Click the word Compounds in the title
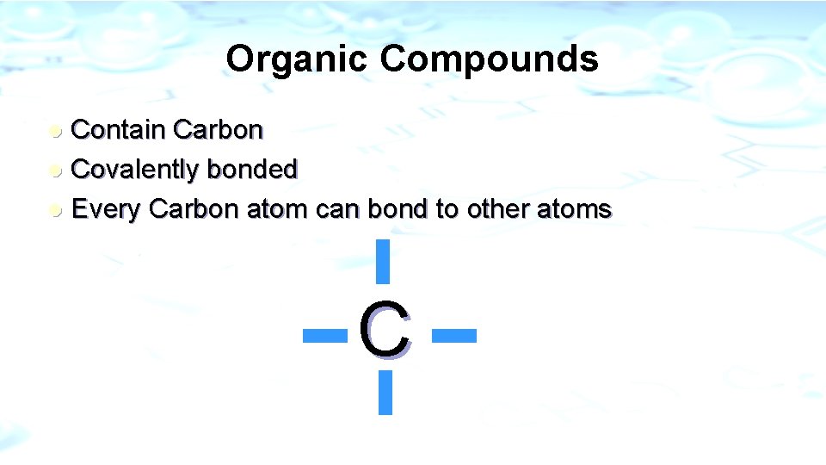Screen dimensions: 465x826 tap(489, 59)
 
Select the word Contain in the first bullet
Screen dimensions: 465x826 tap(118, 130)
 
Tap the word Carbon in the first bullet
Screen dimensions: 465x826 tap(218, 130)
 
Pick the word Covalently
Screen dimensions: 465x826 tap(135, 170)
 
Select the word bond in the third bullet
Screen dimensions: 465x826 tap(399, 209)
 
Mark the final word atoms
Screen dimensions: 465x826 tap(578, 209)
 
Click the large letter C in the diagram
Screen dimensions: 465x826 tap(384, 329)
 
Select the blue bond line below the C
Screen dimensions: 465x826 tap(385, 393)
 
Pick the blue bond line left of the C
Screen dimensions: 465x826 tap(325, 334)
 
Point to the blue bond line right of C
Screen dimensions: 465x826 tap(453, 334)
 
